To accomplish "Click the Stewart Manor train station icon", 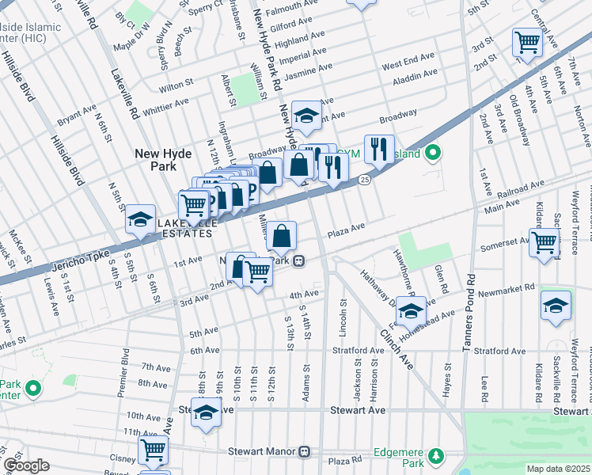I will point(304,452).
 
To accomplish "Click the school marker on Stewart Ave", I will point(207,412).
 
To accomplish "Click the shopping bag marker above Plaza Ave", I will point(281,235).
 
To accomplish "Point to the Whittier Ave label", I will point(166,104).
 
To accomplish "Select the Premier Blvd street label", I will point(124,371).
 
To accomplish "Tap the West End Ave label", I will point(408,59).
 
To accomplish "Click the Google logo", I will point(26,465).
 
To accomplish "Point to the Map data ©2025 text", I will point(558,469).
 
